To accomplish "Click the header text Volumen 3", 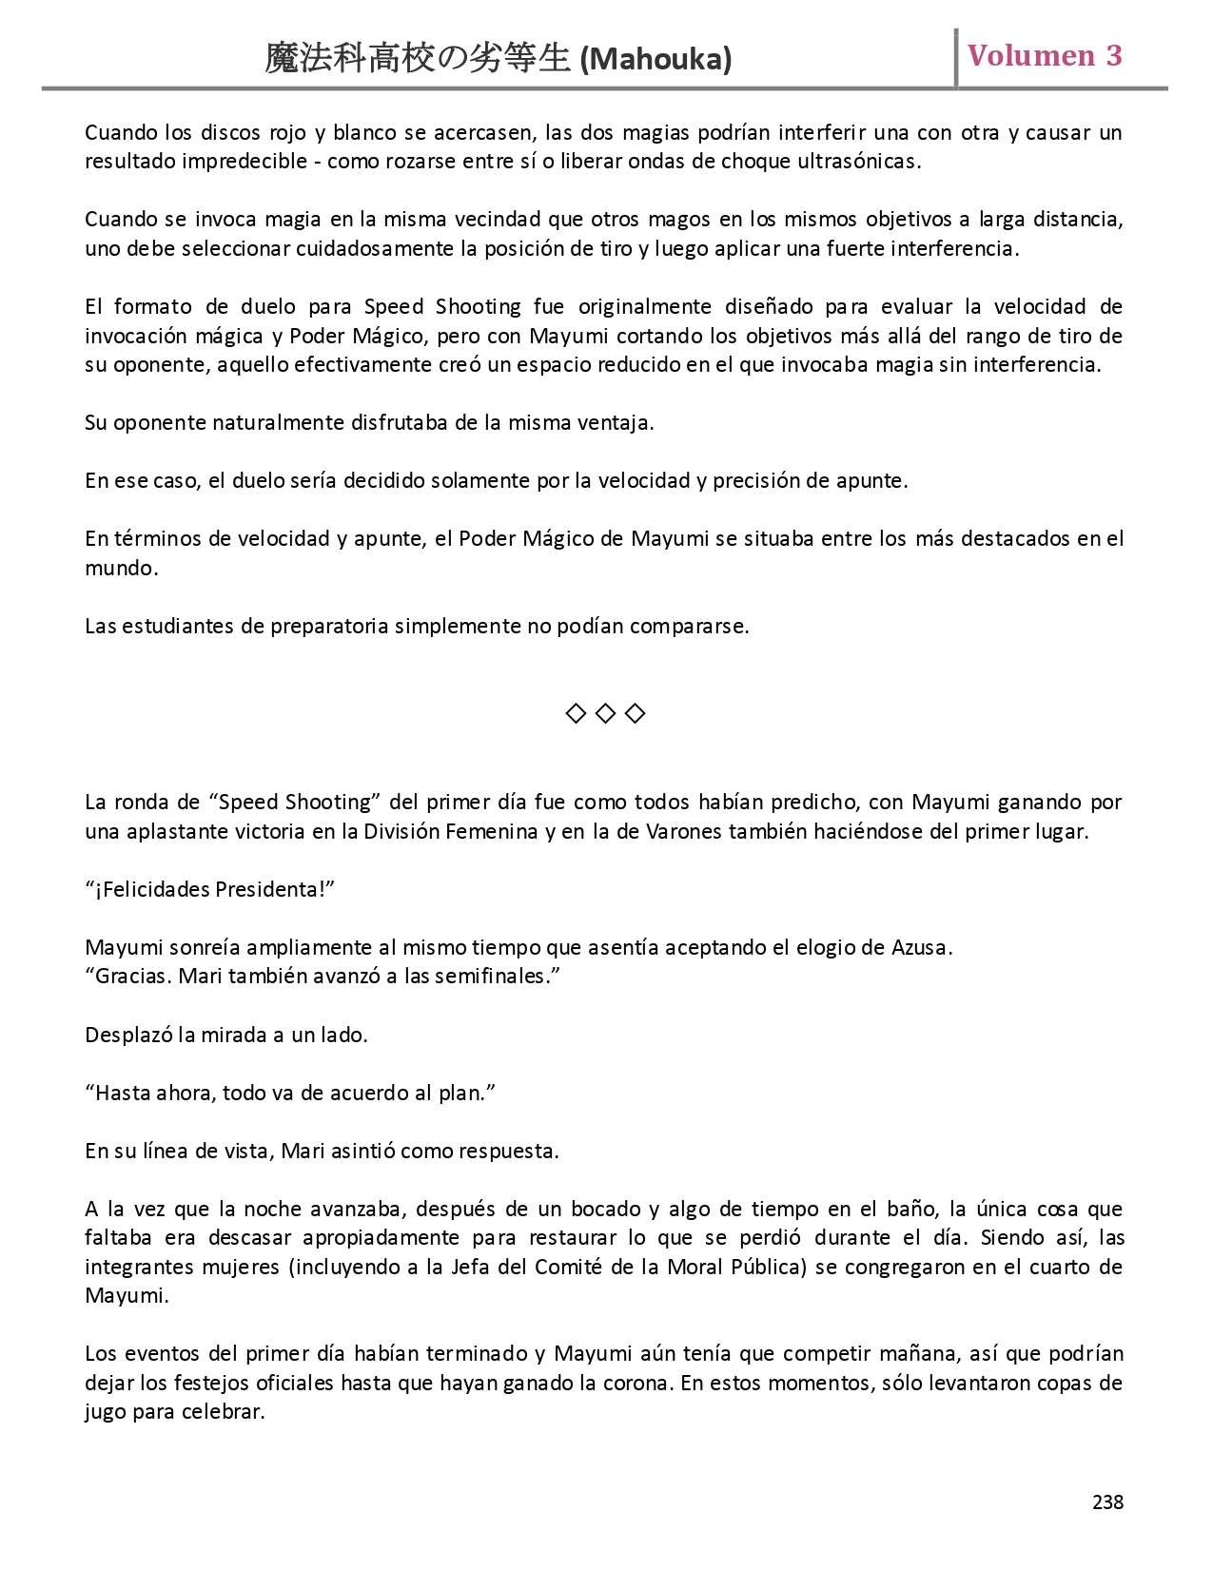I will pyautogui.click(x=1045, y=55).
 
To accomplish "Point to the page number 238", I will pyautogui.click(x=1107, y=1501).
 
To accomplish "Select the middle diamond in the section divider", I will pyautogui.click(x=605, y=713).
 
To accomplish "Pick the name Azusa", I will pyautogui.click(x=920, y=947).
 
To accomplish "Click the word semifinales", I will pyautogui.click(x=491, y=976).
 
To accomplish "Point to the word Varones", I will pyautogui.click(x=678, y=831).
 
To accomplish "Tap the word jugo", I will pyautogui.click(x=106, y=1412).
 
